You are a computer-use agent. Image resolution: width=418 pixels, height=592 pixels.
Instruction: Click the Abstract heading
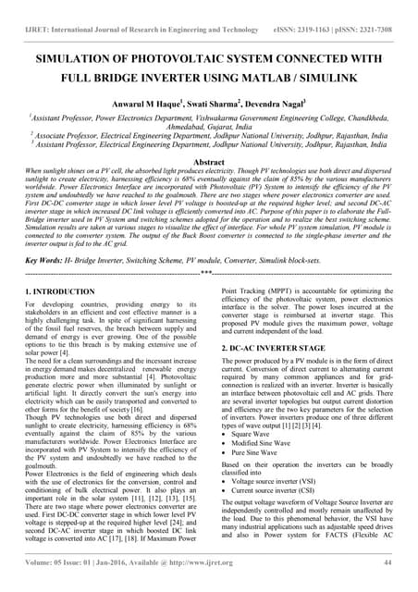(x=209, y=161)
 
